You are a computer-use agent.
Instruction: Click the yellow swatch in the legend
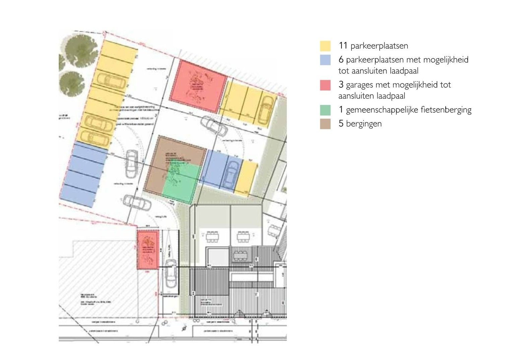325,46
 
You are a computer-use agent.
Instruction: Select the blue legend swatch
325,60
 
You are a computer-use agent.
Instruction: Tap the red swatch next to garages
325,85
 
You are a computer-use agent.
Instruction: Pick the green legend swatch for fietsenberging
325,110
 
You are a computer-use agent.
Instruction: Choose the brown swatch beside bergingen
325,124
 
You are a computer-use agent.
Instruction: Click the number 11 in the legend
343,46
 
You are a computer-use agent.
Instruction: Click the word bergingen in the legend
364,124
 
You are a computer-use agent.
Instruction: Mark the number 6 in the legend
341,60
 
